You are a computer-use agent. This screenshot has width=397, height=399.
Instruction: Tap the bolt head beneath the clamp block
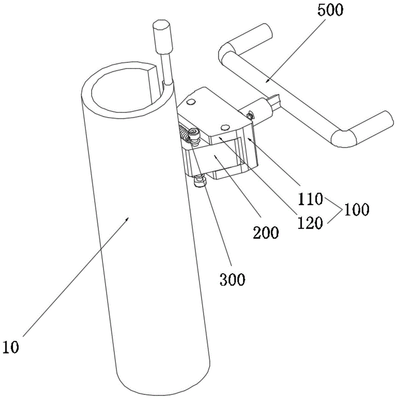(x=200, y=182)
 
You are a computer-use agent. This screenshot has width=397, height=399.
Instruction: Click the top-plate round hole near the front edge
(x=225, y=127)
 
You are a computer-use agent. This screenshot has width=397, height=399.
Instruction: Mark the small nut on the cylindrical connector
(x=249, y=116)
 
